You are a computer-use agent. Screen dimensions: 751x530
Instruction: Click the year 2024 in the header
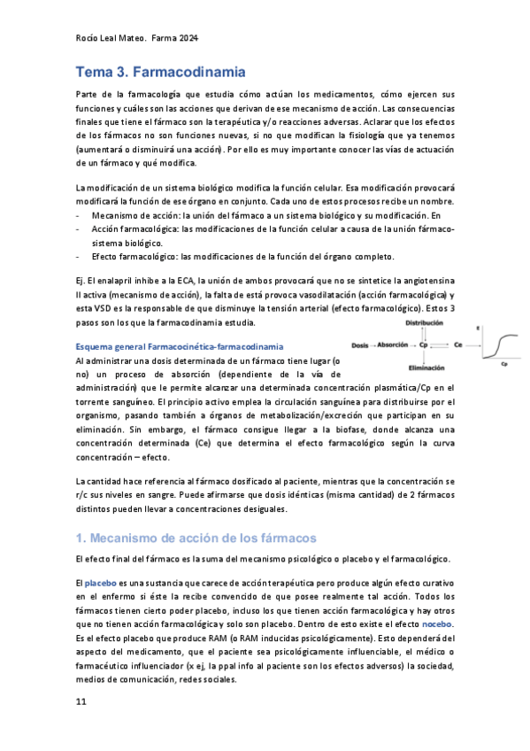click(x=187, y=38)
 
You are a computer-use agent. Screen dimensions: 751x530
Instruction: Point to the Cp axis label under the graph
click(x=503, y=363)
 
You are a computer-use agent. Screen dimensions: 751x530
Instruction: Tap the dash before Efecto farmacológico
click(x=79, y=257)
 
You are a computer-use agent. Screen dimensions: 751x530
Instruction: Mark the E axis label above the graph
click(x=479, y=328)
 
